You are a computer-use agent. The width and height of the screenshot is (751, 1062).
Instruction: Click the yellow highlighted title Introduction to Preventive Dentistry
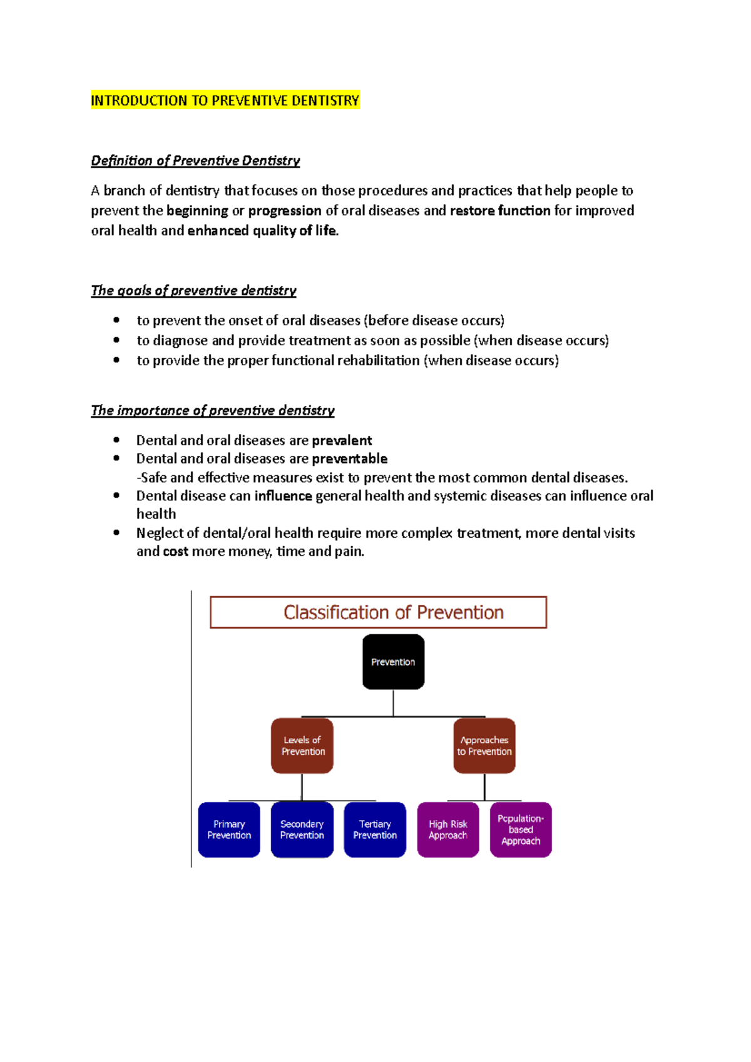[225, 101]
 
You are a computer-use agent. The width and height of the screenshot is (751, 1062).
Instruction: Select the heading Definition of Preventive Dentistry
[195, 161]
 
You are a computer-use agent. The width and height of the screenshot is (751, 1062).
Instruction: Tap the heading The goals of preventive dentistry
[193, 291]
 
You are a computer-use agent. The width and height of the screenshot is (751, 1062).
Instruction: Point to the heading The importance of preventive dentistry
[212, 411]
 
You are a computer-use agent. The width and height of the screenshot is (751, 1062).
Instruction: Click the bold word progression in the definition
[285, 211]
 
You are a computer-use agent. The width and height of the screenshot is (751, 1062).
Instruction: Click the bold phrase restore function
[500, 211]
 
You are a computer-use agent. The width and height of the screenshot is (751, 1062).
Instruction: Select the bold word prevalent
[342, 441]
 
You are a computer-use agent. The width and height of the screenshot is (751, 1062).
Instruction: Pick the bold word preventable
[349, 459]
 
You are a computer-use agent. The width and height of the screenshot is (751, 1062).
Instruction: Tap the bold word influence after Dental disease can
[283, 496]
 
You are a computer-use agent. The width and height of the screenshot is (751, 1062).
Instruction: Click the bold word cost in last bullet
[175, 552]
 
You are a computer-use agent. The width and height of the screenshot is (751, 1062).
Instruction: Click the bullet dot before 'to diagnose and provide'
[116, 340]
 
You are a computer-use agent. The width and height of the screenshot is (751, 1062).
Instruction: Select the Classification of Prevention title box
[378, 612]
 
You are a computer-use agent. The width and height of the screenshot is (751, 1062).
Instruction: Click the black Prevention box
[393, 662]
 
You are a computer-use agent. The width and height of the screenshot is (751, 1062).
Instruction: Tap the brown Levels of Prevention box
[302, 746]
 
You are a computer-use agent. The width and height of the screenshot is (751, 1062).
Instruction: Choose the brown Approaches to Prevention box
[484, 746]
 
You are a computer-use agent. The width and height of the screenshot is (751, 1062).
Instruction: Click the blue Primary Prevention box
[229, 829]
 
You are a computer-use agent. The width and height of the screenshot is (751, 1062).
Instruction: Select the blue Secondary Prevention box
[302, 829]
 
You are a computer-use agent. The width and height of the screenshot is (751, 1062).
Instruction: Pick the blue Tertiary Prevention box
[375, 829]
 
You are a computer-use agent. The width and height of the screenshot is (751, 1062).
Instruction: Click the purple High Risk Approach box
[448, 829]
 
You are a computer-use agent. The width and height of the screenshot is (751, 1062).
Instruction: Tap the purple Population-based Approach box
[521, 829]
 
